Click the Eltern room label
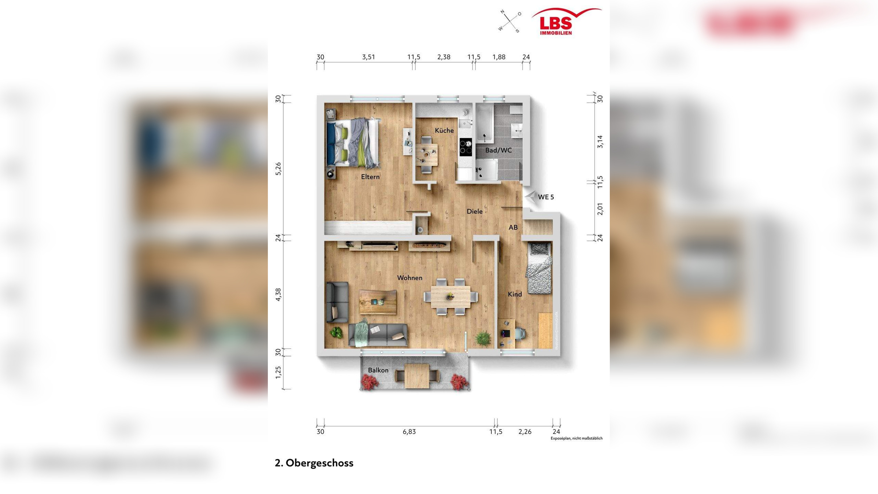coord(370,177)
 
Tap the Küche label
coord(444,131)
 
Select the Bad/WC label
coord(498,150)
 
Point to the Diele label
coord(475,212)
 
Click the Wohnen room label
coord(410,278)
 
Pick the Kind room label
coord(515,294)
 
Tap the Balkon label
coord(378,370)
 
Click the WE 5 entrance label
coord(546,197)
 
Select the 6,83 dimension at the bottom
coord(409,432)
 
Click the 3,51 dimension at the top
coord(368,57)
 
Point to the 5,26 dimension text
coord(278,169)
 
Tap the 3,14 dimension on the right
coord(600,142)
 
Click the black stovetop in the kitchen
coord(466,147)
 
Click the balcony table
coord(417,376)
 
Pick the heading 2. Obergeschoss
coord(314,463)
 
